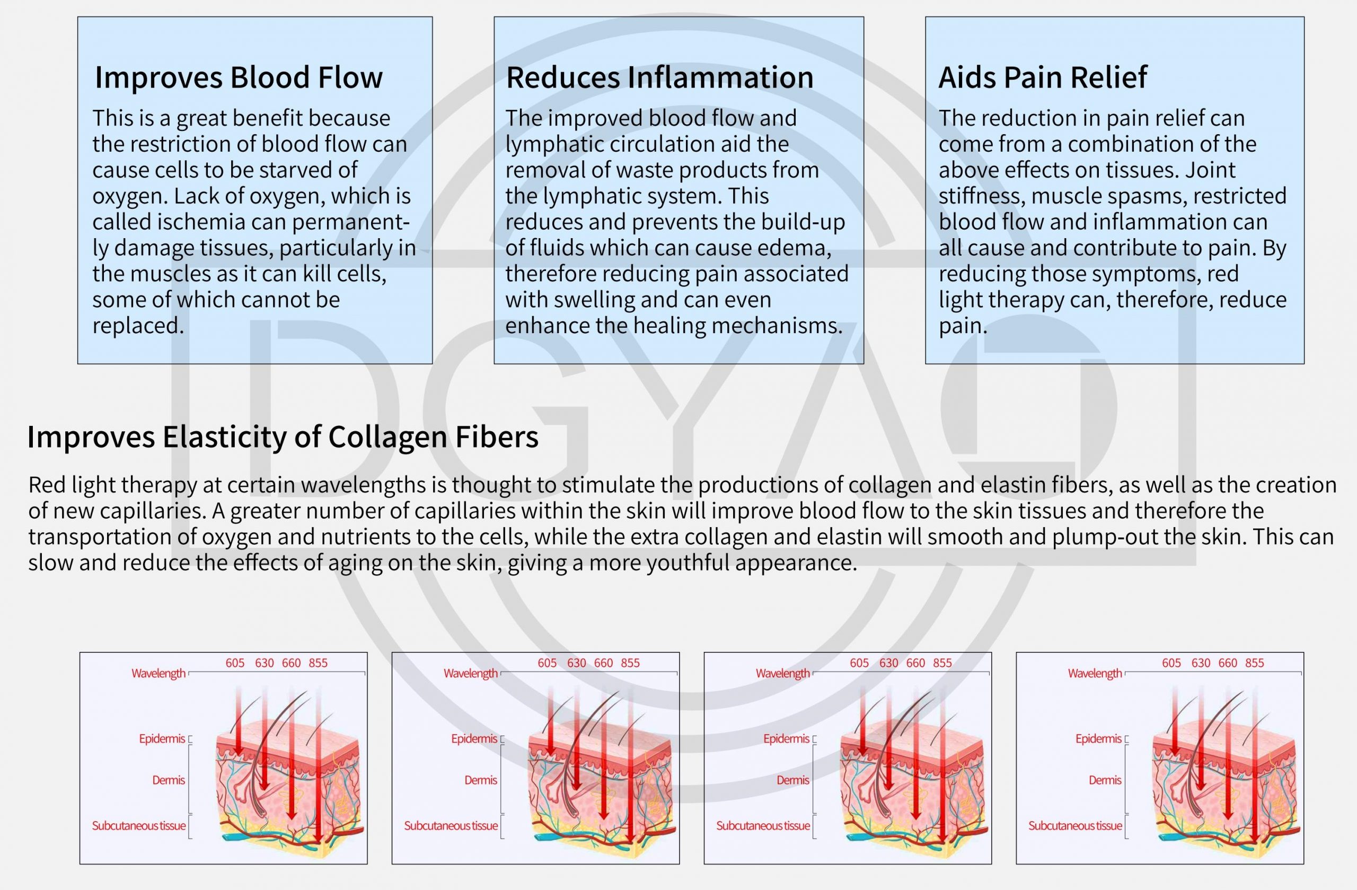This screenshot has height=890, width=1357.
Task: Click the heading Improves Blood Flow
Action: click(239, 77)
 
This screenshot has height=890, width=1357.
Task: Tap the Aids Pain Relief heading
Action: click(1042, 77)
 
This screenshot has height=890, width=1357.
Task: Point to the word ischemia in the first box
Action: click(201, 222)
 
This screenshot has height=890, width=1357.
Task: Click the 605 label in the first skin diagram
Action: click(235, 663)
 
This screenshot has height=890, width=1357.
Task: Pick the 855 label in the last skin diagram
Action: click(1254, 663)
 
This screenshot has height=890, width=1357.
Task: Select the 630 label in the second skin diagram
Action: click(576, 663)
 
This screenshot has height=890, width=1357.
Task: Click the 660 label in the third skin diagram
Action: click(915, 663)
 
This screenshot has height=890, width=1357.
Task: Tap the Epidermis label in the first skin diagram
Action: click(162, 739)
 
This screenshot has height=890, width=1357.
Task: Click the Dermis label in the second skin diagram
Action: click(481, 780)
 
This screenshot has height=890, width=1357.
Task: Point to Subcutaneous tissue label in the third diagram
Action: click(763, 825)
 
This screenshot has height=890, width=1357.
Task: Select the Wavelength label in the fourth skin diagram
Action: click(1095, 673)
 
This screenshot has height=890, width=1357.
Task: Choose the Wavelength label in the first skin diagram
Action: click(158, 673)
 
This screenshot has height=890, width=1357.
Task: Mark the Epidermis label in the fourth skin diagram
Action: click(1098, 739)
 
